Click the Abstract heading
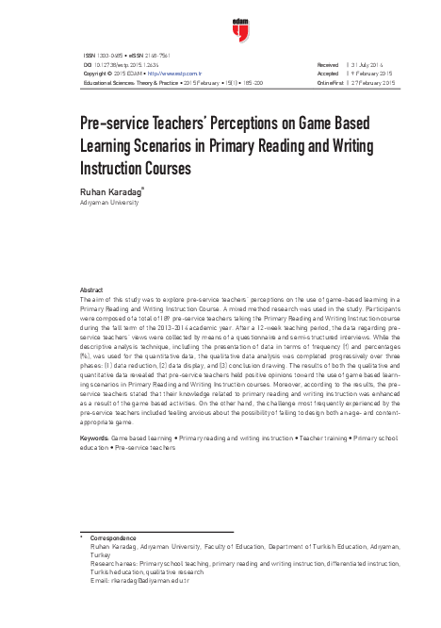tap(92, 289)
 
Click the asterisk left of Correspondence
tap(82, 536)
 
